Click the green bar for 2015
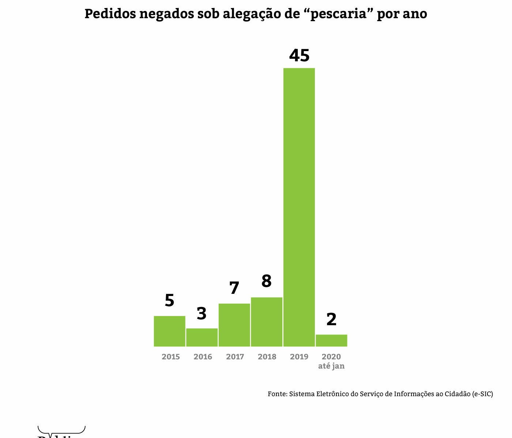[169, 331]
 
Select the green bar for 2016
[202, 337]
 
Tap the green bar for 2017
[234, 325]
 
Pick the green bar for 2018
[267, 322]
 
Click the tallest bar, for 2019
[299, 207]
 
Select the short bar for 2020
[331, 341]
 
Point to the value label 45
[299, 55]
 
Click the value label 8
[267, 281]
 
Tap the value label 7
[234, 288]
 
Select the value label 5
[169, 300]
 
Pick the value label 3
[202, 314]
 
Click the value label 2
[331, 320]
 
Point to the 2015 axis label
[171, 357]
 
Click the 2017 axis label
[235, 357]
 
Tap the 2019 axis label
[299, 357]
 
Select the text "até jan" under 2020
[331, 366]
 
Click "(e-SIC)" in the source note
[482, 394]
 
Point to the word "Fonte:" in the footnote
[278, 394]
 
